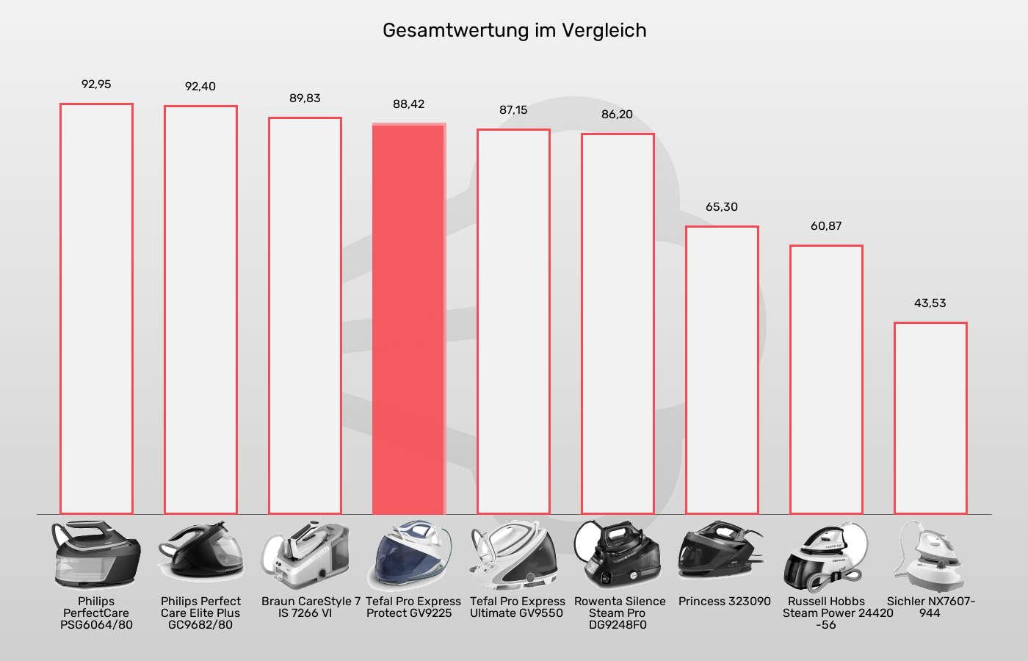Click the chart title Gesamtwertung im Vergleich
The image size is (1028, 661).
[x=514, y=31]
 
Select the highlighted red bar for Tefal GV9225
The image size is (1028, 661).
[x=408, y=319]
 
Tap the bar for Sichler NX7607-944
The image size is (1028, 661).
[x=930, y=419]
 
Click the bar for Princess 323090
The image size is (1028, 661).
[x=722, y=371]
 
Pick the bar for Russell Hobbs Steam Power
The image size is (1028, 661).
[x=826, y=380]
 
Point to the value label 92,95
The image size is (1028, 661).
[x=96, y=84]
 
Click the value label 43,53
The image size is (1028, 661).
[x=930, y=303]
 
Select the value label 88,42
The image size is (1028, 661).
[x=408, y=104]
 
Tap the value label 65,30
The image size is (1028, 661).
[x=722, y=207]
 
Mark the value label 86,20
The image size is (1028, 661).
[x=617, y=115]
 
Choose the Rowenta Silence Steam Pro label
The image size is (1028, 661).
[x=618, y=613]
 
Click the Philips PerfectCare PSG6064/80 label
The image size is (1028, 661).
[x=96, y=613]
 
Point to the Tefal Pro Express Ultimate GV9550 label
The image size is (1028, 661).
[x=517, y=607]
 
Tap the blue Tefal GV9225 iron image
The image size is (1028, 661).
[x=409, y=556]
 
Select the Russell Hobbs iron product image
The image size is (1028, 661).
[x=825, y=557]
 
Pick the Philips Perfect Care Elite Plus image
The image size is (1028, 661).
[x=200, y=555]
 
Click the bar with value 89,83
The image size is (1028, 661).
[x=305, y=316]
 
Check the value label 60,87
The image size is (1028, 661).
[x=826, y=226]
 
